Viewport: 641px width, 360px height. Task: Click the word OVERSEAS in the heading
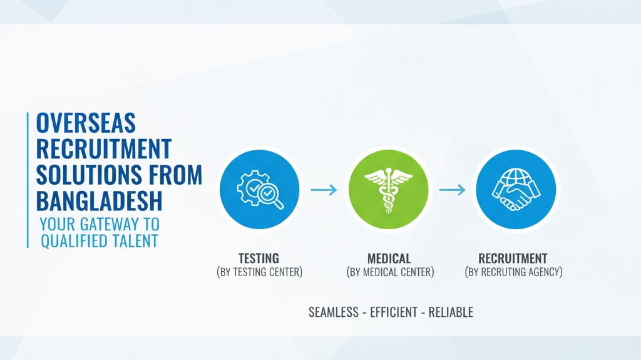tap(86, 123)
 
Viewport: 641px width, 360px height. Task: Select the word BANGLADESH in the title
tap(100, 200)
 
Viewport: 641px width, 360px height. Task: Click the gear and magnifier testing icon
tap(260, 190)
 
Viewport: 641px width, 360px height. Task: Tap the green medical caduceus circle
tap(388, 190)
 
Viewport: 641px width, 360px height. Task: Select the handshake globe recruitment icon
tap(516, 190)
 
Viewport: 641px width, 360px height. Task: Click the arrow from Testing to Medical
tap(324, 190)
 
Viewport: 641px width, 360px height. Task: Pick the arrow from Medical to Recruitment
tap(452, 190)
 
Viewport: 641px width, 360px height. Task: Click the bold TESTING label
tap(259, 258)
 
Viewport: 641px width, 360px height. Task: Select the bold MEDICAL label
tap(389, 259)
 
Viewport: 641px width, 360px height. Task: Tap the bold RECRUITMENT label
tap(513, 259)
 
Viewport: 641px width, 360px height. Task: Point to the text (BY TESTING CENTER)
tap(260, 272)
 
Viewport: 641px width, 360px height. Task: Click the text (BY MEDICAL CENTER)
tap(391, 272)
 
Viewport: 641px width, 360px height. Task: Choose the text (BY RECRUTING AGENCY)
tap(514, 272)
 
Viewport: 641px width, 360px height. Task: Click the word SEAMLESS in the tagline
tap(334, 312)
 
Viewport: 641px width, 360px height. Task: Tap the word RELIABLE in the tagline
tap(451, 312)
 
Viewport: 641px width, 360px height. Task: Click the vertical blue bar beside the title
tap(28, 180)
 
